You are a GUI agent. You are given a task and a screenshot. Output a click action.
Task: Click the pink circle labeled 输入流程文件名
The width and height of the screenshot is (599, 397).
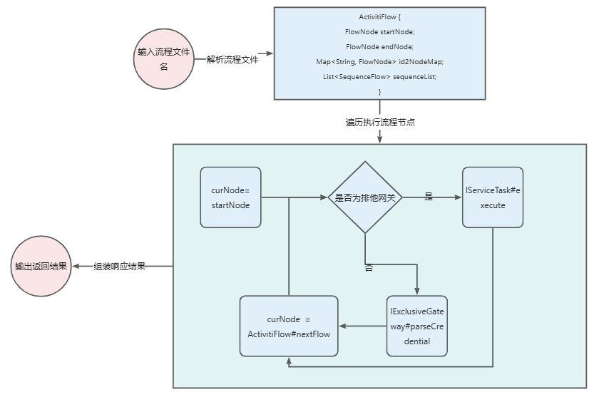point(164,59)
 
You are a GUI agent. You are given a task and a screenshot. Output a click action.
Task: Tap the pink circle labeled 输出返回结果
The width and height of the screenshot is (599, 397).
point(41,267)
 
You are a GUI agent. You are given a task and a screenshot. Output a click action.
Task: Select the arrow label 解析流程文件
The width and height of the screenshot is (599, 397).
point(232,60)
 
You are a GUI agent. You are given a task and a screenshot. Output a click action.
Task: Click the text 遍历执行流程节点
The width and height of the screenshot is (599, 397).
point(380,122)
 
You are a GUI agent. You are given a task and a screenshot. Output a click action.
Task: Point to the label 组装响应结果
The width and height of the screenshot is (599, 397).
point(120,267)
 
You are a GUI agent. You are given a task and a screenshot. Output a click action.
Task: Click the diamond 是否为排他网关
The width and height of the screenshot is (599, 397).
point(365,197)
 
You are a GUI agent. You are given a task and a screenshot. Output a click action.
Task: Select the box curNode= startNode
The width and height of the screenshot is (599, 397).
point(230,197)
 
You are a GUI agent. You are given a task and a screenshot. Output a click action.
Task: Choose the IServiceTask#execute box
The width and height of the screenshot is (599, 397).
point(493,197)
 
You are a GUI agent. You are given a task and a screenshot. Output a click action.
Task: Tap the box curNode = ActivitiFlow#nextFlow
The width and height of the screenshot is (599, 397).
point(289,326)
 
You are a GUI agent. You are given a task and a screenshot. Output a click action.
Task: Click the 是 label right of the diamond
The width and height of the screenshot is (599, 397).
point(429,197)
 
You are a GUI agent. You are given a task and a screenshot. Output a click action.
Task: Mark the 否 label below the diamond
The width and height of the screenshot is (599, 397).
point(369,268)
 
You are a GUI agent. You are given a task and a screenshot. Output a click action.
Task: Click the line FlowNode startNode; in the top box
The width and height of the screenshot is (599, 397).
point(379,31)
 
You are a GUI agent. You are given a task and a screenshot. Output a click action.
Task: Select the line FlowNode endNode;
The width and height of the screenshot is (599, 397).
point(379,46)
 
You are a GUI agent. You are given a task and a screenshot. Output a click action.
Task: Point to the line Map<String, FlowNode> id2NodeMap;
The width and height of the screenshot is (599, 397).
point(379,62)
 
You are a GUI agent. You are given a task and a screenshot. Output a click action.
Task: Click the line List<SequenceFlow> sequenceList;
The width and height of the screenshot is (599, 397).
point(379,77)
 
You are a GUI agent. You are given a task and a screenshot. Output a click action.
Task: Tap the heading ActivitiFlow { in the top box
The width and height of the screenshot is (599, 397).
point(379,16)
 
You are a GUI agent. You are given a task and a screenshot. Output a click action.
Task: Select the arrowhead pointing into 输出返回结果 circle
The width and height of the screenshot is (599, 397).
point(76,267)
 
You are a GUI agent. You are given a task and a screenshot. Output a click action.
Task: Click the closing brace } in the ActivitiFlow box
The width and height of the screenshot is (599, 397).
point(379,92)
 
